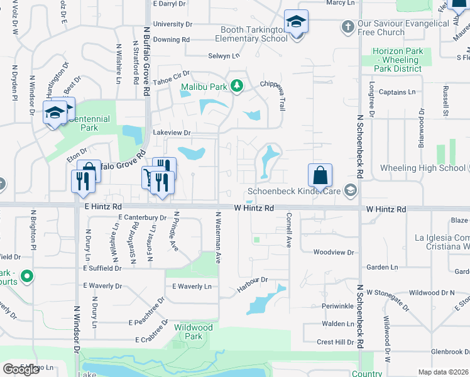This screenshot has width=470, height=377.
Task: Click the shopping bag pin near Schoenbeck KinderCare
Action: click(x=320, y=174)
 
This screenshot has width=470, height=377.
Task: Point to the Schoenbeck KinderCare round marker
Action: click(x=351, y=190)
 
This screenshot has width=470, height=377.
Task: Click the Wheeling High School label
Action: click(x=422, y=168)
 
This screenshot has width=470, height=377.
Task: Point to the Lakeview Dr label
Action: click(x=172, y=133)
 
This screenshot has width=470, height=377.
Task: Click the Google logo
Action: click(x=21, y=369)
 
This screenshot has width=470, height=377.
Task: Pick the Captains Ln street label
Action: click(x=397, y=92)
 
